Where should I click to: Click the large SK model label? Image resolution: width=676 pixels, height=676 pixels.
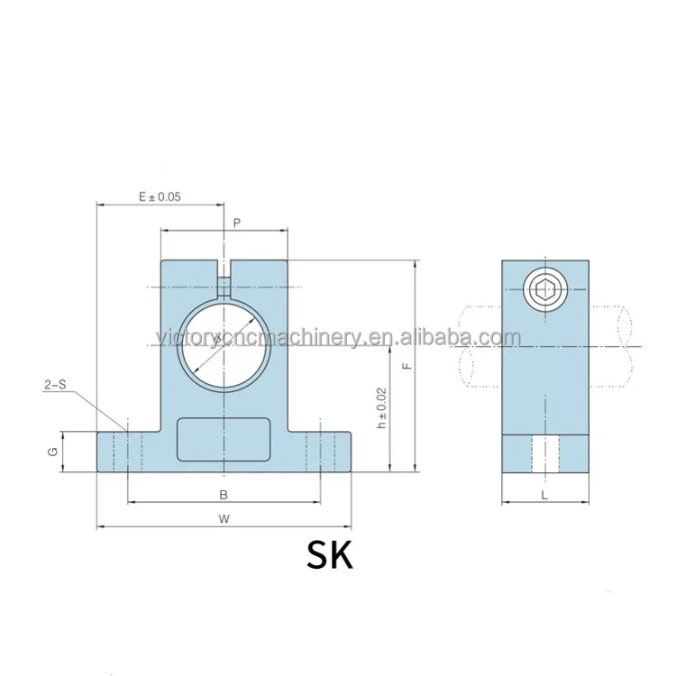330,554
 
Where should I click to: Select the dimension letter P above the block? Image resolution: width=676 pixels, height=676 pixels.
236,221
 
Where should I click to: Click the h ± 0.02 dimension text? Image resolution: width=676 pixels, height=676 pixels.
382,407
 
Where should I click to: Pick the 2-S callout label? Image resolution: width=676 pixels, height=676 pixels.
54,385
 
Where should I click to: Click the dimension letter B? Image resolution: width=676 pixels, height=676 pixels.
224,494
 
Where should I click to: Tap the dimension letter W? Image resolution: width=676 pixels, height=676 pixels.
224,518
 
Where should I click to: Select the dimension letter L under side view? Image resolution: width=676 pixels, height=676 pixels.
545,494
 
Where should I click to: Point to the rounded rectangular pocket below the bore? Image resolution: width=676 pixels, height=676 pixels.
224,439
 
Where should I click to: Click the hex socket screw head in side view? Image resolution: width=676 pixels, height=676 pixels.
544,290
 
